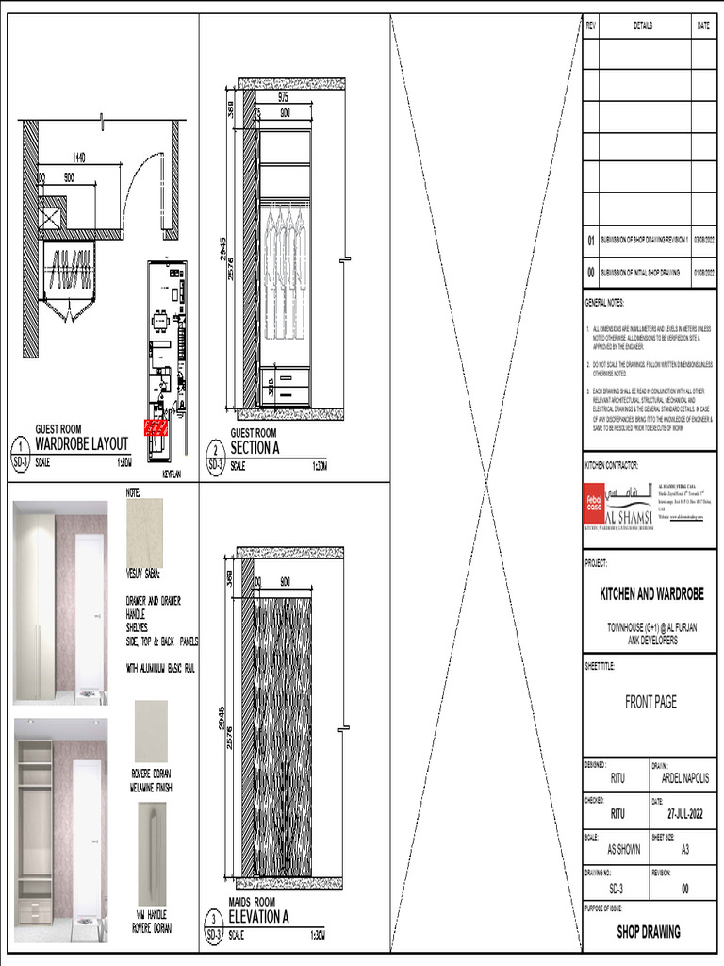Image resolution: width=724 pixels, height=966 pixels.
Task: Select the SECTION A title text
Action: click(x=255, y=448)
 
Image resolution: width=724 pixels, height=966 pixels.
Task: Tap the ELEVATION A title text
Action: click(x=258, y=916)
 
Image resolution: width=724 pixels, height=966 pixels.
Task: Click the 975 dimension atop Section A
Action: click(x=283, y=97)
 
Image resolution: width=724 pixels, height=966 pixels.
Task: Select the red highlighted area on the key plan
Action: click(x=153, y=427)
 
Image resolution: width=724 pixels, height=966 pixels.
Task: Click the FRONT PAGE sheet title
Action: click(x=650, y=702)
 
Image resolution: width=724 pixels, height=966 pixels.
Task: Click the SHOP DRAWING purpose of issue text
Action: click(x=649, y=931)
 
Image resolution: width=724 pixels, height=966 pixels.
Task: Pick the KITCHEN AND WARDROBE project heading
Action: click(x=651, y=594)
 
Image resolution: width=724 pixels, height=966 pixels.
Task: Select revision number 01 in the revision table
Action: click(x=591, y=241)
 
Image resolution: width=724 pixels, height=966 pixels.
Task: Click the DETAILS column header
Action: click(x=643, y=26)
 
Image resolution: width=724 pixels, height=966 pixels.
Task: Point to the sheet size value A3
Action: click(x=684, y=849)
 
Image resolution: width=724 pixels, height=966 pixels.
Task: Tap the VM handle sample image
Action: click(x=151, y=853)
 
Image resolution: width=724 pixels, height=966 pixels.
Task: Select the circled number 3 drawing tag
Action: click(x=215, y=919)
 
